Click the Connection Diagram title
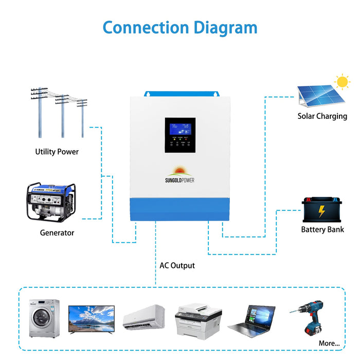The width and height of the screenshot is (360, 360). coord(179,27)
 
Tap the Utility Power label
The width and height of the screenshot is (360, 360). coord(57,152)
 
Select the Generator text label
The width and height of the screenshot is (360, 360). coord(57,233)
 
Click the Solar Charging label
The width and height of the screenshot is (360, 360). coord(322,116)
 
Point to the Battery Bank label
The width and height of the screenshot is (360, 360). coord(322,229)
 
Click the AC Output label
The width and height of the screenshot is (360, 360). coord(177,266)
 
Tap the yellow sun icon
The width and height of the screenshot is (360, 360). coord(341,82)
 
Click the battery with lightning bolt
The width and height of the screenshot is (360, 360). coord(321,209)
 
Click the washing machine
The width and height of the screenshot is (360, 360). coord(44,318)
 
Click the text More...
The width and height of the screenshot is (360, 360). coord(329,343)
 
